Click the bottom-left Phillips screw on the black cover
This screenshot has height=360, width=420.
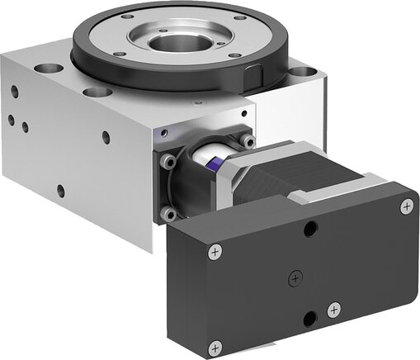click(215, 345)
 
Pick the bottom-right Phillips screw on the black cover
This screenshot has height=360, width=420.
click(333, 310)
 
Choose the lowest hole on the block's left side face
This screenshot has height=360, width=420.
click(60, 192)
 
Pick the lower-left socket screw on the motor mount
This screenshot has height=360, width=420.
click(169, 215)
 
